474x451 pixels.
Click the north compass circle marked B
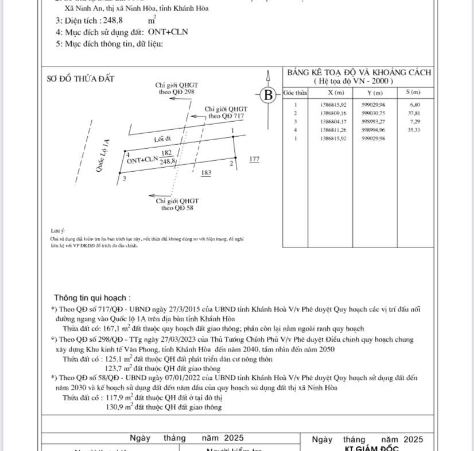coord(267,95)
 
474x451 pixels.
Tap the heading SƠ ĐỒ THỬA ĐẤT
coord(80,79)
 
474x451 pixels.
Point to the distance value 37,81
coord(413,113)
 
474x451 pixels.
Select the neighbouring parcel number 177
coord(255,159)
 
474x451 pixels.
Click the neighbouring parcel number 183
coord(207,173)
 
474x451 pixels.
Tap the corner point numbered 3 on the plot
coord(125,179)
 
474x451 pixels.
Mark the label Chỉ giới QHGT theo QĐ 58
coord(177,204)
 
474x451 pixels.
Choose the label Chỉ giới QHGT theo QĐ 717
coord(226,112)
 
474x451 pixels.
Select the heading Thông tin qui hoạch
coord(92,298)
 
